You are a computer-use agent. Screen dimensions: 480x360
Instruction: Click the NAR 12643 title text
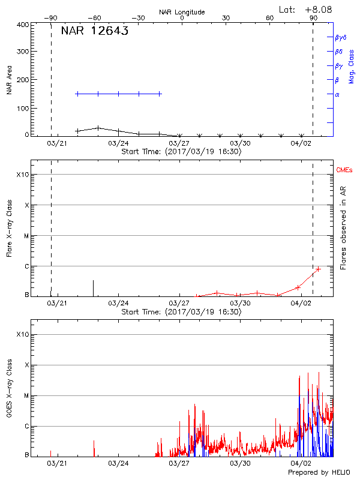pos(94,32)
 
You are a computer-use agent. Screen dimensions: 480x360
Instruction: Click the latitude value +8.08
pos(318,9)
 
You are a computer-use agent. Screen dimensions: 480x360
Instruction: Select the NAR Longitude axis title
pos(182,12)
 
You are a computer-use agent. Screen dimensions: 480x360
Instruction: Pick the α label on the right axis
pos(337,94)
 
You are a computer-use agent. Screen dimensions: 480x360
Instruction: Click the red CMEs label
pos(345,170)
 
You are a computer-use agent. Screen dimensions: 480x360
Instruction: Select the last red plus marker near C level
pos(318,269)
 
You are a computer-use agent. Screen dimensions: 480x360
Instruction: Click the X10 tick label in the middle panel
pos(23,175)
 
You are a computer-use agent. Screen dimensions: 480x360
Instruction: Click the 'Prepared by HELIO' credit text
pos(318,473)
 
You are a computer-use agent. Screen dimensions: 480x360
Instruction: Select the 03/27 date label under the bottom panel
pos(179,463)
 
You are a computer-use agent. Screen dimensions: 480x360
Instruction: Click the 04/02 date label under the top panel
pos(301,143)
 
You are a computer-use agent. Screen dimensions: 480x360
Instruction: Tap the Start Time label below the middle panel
pos(181,312)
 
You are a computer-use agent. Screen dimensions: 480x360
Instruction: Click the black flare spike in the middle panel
pos(93,288)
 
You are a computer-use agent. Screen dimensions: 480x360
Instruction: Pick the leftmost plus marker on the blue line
pos(77,94)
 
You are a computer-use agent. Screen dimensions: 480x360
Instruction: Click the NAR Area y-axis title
pos(10,80)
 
